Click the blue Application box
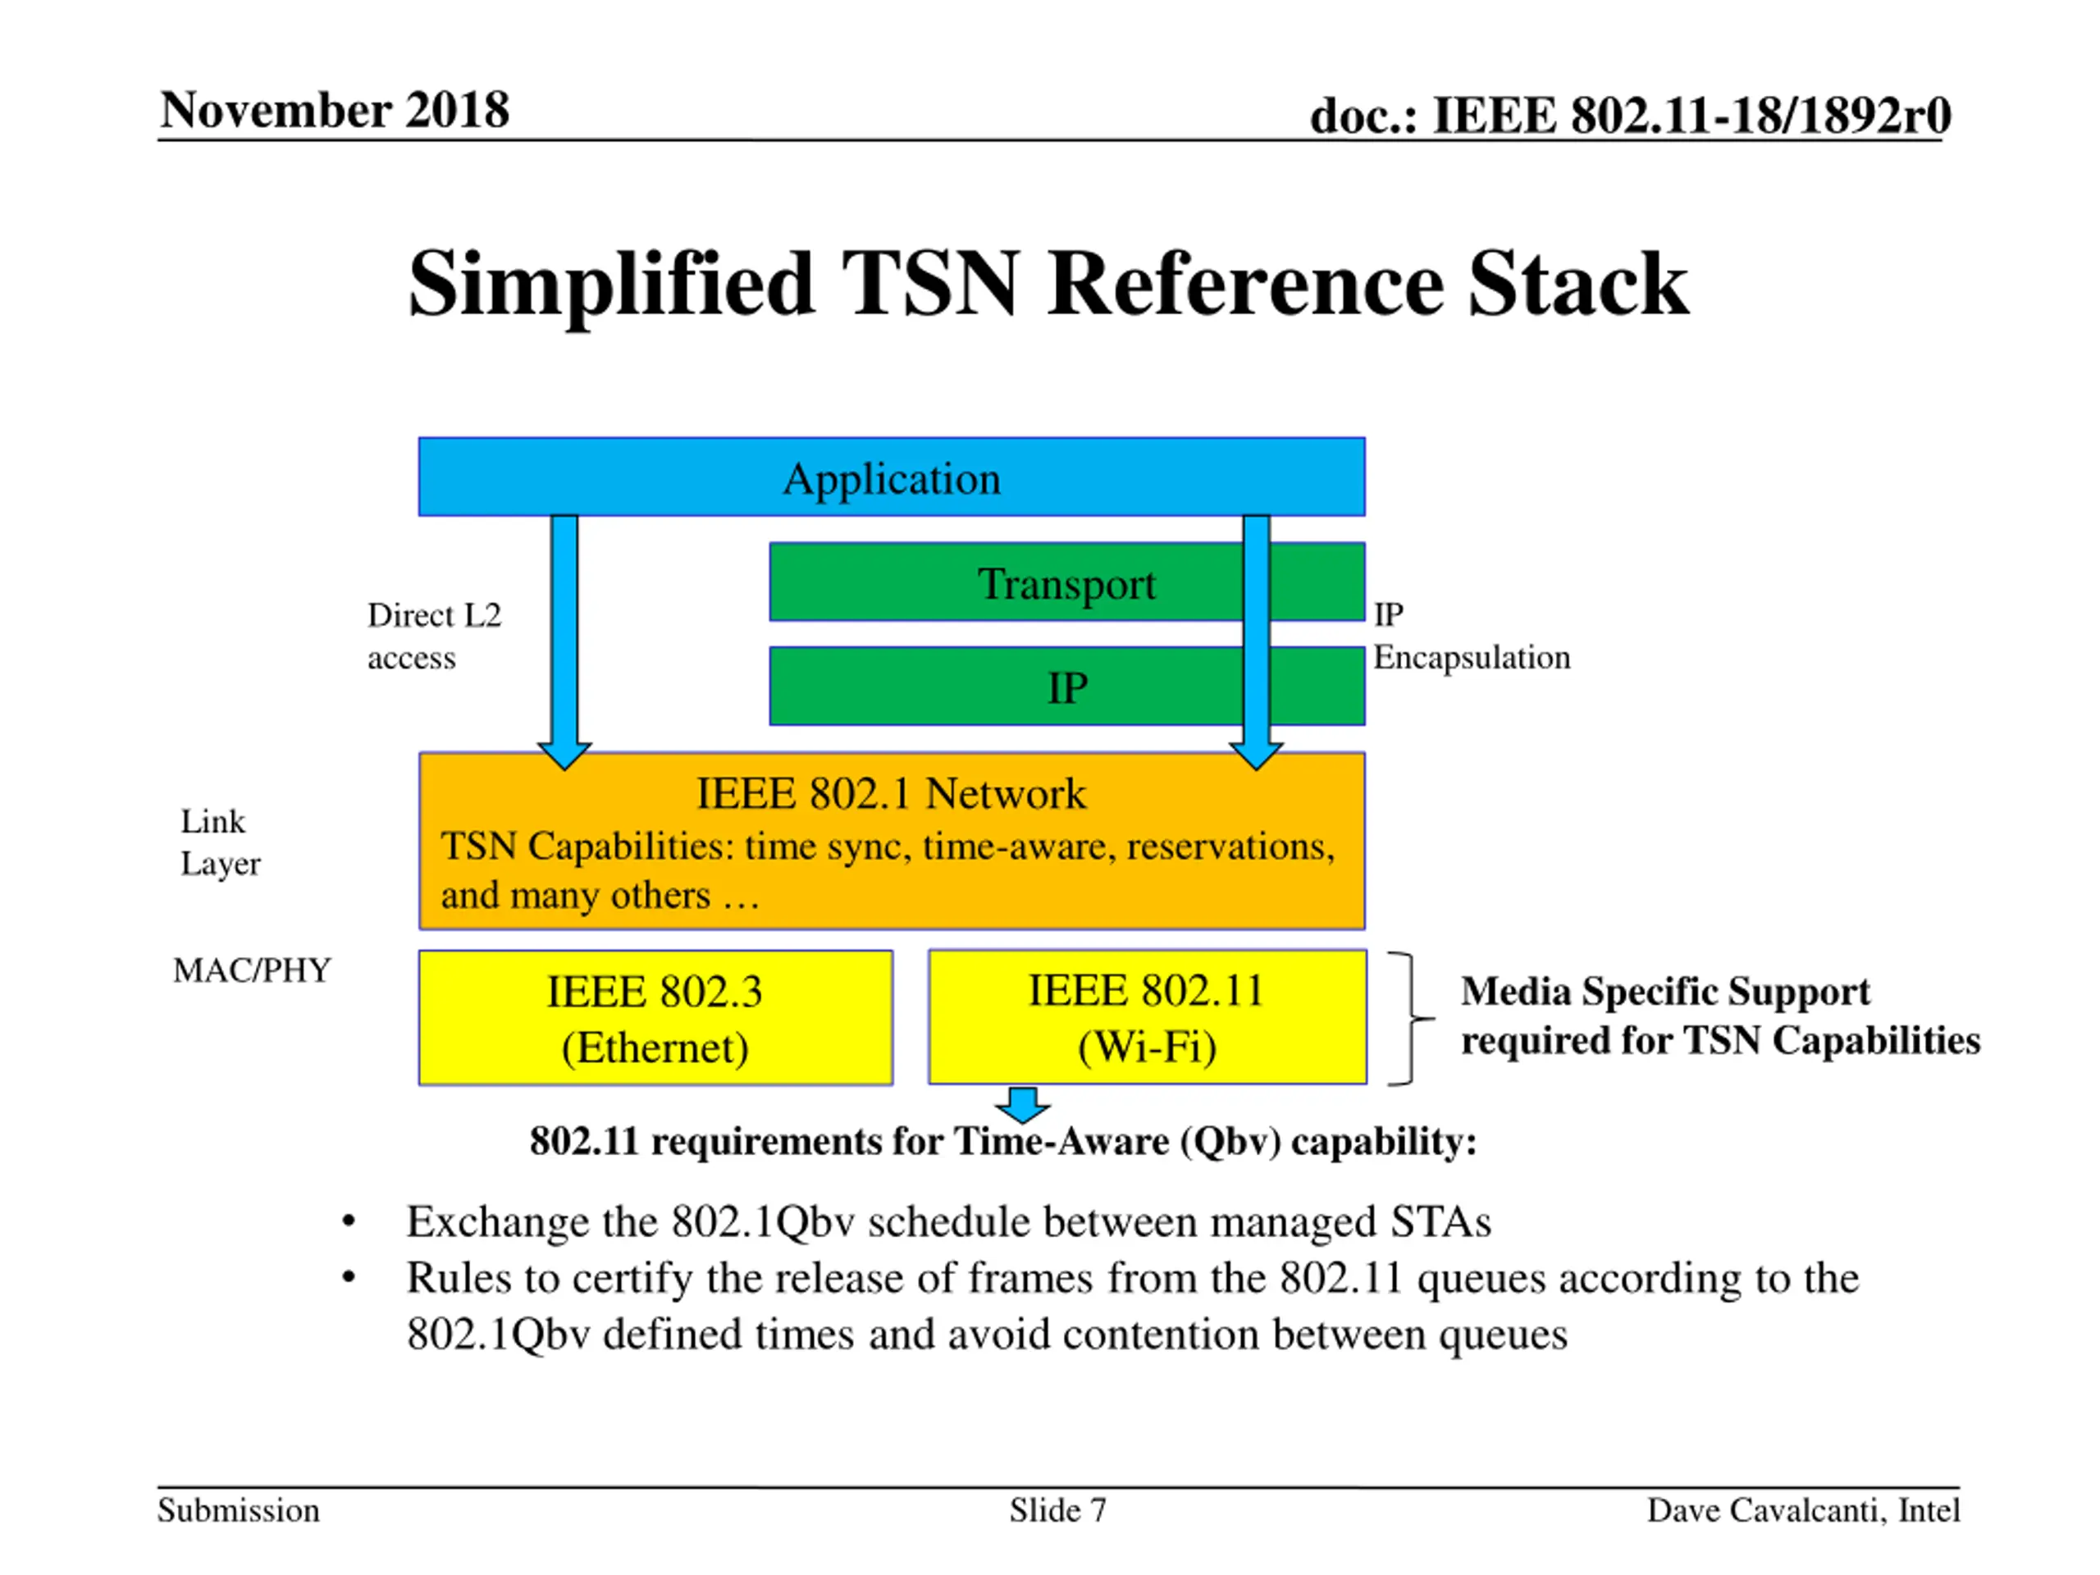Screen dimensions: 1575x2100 [891, 477]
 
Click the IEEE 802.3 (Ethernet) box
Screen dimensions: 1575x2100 [655, 1018]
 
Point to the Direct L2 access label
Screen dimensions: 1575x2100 [434, 635]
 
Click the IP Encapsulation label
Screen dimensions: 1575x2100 [1470, 635]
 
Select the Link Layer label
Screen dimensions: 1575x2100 [219, 842]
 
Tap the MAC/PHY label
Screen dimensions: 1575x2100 [252, 970]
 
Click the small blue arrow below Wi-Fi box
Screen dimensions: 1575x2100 [1022, 1104]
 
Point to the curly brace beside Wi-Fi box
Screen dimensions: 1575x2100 [1411, 1018]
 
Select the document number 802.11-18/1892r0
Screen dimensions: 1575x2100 [1690, 115]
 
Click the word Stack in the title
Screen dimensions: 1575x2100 [1577, 284]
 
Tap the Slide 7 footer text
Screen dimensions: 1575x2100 [1057, 1509]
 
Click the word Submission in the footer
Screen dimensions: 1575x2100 [238, 1509]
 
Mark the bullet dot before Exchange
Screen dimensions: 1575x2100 [349, 1221]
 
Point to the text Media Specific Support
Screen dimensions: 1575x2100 [1665, 991]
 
